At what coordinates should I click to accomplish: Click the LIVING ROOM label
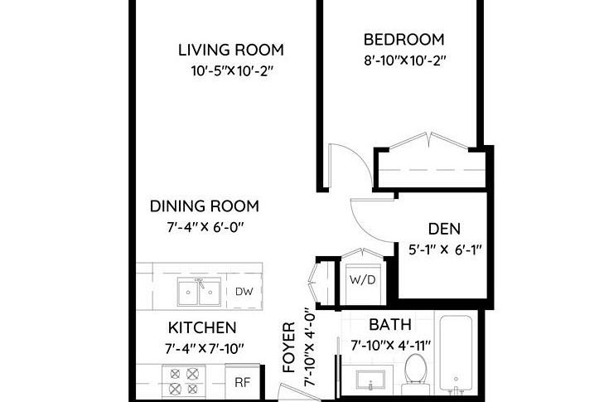(230, 50)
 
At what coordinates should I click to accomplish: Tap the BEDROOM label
(403, 39)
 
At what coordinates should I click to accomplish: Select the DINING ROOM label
(204, 206)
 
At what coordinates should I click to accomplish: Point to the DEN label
(444, 229)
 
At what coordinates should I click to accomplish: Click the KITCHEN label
(202, 327)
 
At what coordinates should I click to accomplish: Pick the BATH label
(389, 324)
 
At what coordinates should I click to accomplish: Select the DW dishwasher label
(243, 291)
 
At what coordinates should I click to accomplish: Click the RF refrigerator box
(242, 382)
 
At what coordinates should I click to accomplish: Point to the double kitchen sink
(199, 292)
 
